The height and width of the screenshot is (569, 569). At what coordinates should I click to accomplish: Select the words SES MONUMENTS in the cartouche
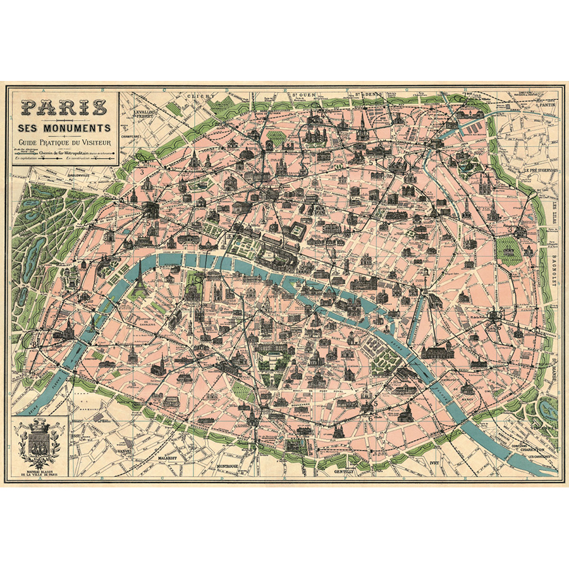(62, 128)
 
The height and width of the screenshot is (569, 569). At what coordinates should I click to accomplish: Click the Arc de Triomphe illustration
(150, 211)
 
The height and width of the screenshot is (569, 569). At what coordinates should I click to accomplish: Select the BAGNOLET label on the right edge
(554, 266)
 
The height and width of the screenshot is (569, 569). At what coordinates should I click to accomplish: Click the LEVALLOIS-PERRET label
(144, 115)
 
